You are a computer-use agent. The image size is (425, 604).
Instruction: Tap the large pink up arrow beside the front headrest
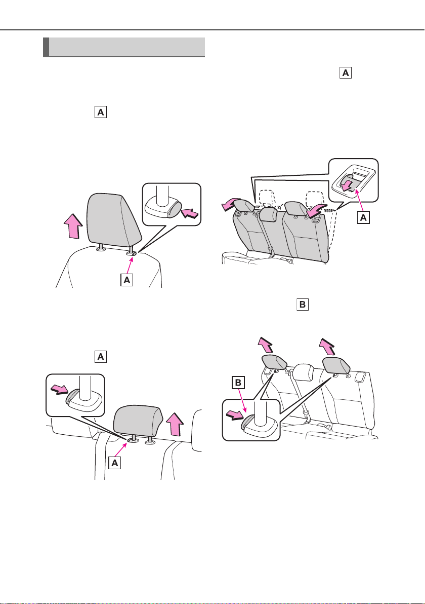coord(73,226)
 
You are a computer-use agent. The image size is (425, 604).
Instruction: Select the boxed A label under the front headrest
coord(127,280)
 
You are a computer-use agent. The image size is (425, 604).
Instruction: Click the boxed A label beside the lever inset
coord(363,218)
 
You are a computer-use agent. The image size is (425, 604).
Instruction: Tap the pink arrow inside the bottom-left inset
coord(60,389)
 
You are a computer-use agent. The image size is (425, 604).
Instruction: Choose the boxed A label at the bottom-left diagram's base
coord(115,463)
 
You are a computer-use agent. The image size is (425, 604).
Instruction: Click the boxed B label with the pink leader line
coord(238,383)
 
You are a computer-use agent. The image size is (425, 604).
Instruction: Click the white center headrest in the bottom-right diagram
coord(304,370)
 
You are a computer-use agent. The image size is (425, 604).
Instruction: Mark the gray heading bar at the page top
coord(124,47)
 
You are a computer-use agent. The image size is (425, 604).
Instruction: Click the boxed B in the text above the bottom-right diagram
coord(303,305)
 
